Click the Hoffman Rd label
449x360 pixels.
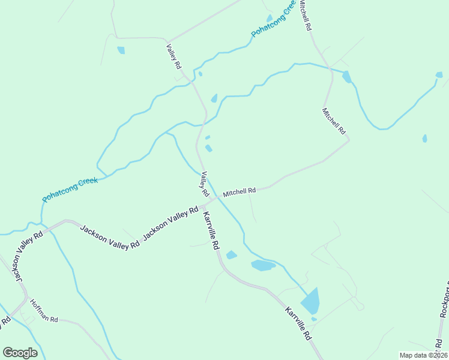coord(44,311)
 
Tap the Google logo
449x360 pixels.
coord(20,352)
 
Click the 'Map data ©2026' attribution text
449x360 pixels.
coord(423,355)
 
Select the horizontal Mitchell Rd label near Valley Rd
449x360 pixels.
coord(240,192)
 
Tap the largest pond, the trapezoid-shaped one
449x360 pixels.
coord(311,300)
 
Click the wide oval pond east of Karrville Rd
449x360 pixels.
coord(263,265)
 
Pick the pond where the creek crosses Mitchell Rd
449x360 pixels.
coord(347,77)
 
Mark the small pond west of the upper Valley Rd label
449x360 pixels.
coord(121,50)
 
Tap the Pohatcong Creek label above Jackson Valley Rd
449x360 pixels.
coord(70,189)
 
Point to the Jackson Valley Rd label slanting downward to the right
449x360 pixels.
coord(110,237)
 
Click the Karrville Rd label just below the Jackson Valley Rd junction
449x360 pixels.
coord(211,231)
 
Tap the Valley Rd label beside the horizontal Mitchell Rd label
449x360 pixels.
coord(204,184)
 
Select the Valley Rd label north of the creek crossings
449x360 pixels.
coord(174,56)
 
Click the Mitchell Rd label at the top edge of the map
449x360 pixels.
coord(306,15)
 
